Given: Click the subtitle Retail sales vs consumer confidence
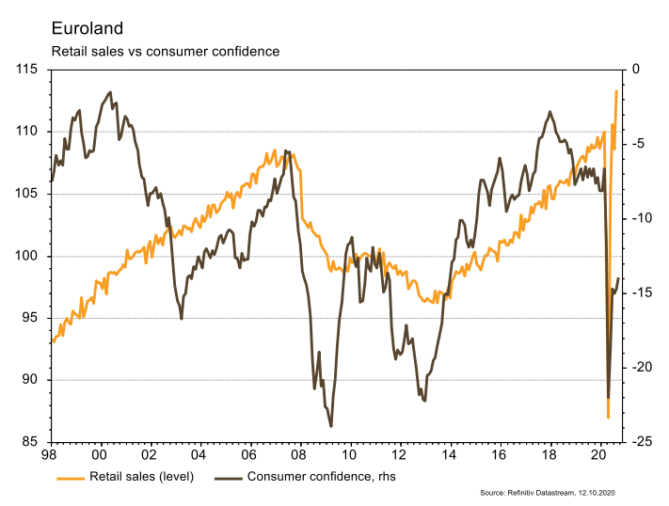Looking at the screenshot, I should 165,51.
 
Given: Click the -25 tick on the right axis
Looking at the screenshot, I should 643,442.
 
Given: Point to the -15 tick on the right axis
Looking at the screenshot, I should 643,293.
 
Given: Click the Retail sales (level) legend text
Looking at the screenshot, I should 141,476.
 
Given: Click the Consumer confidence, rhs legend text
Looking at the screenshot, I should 321,476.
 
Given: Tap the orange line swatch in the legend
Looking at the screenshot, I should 69,477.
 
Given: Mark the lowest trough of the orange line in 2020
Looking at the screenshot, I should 609,418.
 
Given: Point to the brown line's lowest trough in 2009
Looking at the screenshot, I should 331,426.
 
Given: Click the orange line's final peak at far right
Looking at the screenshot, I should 616,91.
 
